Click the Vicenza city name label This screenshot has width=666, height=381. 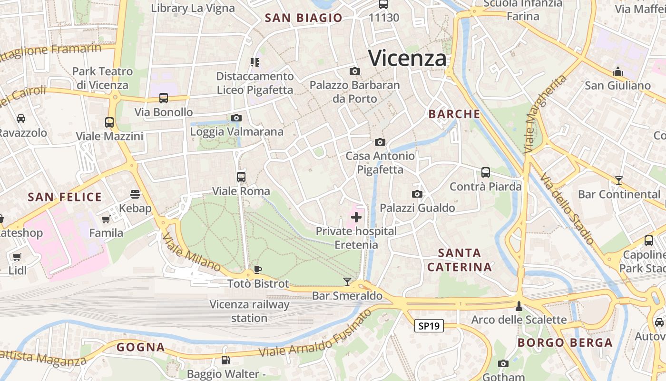click(408, 58)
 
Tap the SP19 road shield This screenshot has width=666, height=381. click(429, 326)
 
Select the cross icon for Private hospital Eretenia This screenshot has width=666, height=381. click(356, 218)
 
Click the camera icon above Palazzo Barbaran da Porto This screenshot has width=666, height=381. click(354, 71)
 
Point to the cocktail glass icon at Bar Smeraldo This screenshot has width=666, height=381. click(347, 282)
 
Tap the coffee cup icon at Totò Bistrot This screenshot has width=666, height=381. click(258, 270)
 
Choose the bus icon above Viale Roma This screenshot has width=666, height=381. click(241, 177)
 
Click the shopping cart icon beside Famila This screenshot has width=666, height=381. click(106, 219)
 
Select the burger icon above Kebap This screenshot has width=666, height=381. click(135, 194)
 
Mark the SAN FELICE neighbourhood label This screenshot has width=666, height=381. click(65, 197)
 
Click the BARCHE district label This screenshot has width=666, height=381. click(454, 114)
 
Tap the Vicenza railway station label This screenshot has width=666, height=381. click(249, 311)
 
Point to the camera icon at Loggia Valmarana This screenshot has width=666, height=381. click(236, 118)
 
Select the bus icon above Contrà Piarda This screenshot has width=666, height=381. click(485, 172)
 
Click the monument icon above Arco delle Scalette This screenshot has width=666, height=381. click(519, 306)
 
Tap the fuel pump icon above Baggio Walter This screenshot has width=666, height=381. click(225, 360)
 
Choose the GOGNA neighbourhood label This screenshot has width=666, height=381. click(141, 347)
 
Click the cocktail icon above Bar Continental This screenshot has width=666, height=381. click(618, 180)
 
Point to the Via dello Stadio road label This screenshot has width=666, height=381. click(567, 210)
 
